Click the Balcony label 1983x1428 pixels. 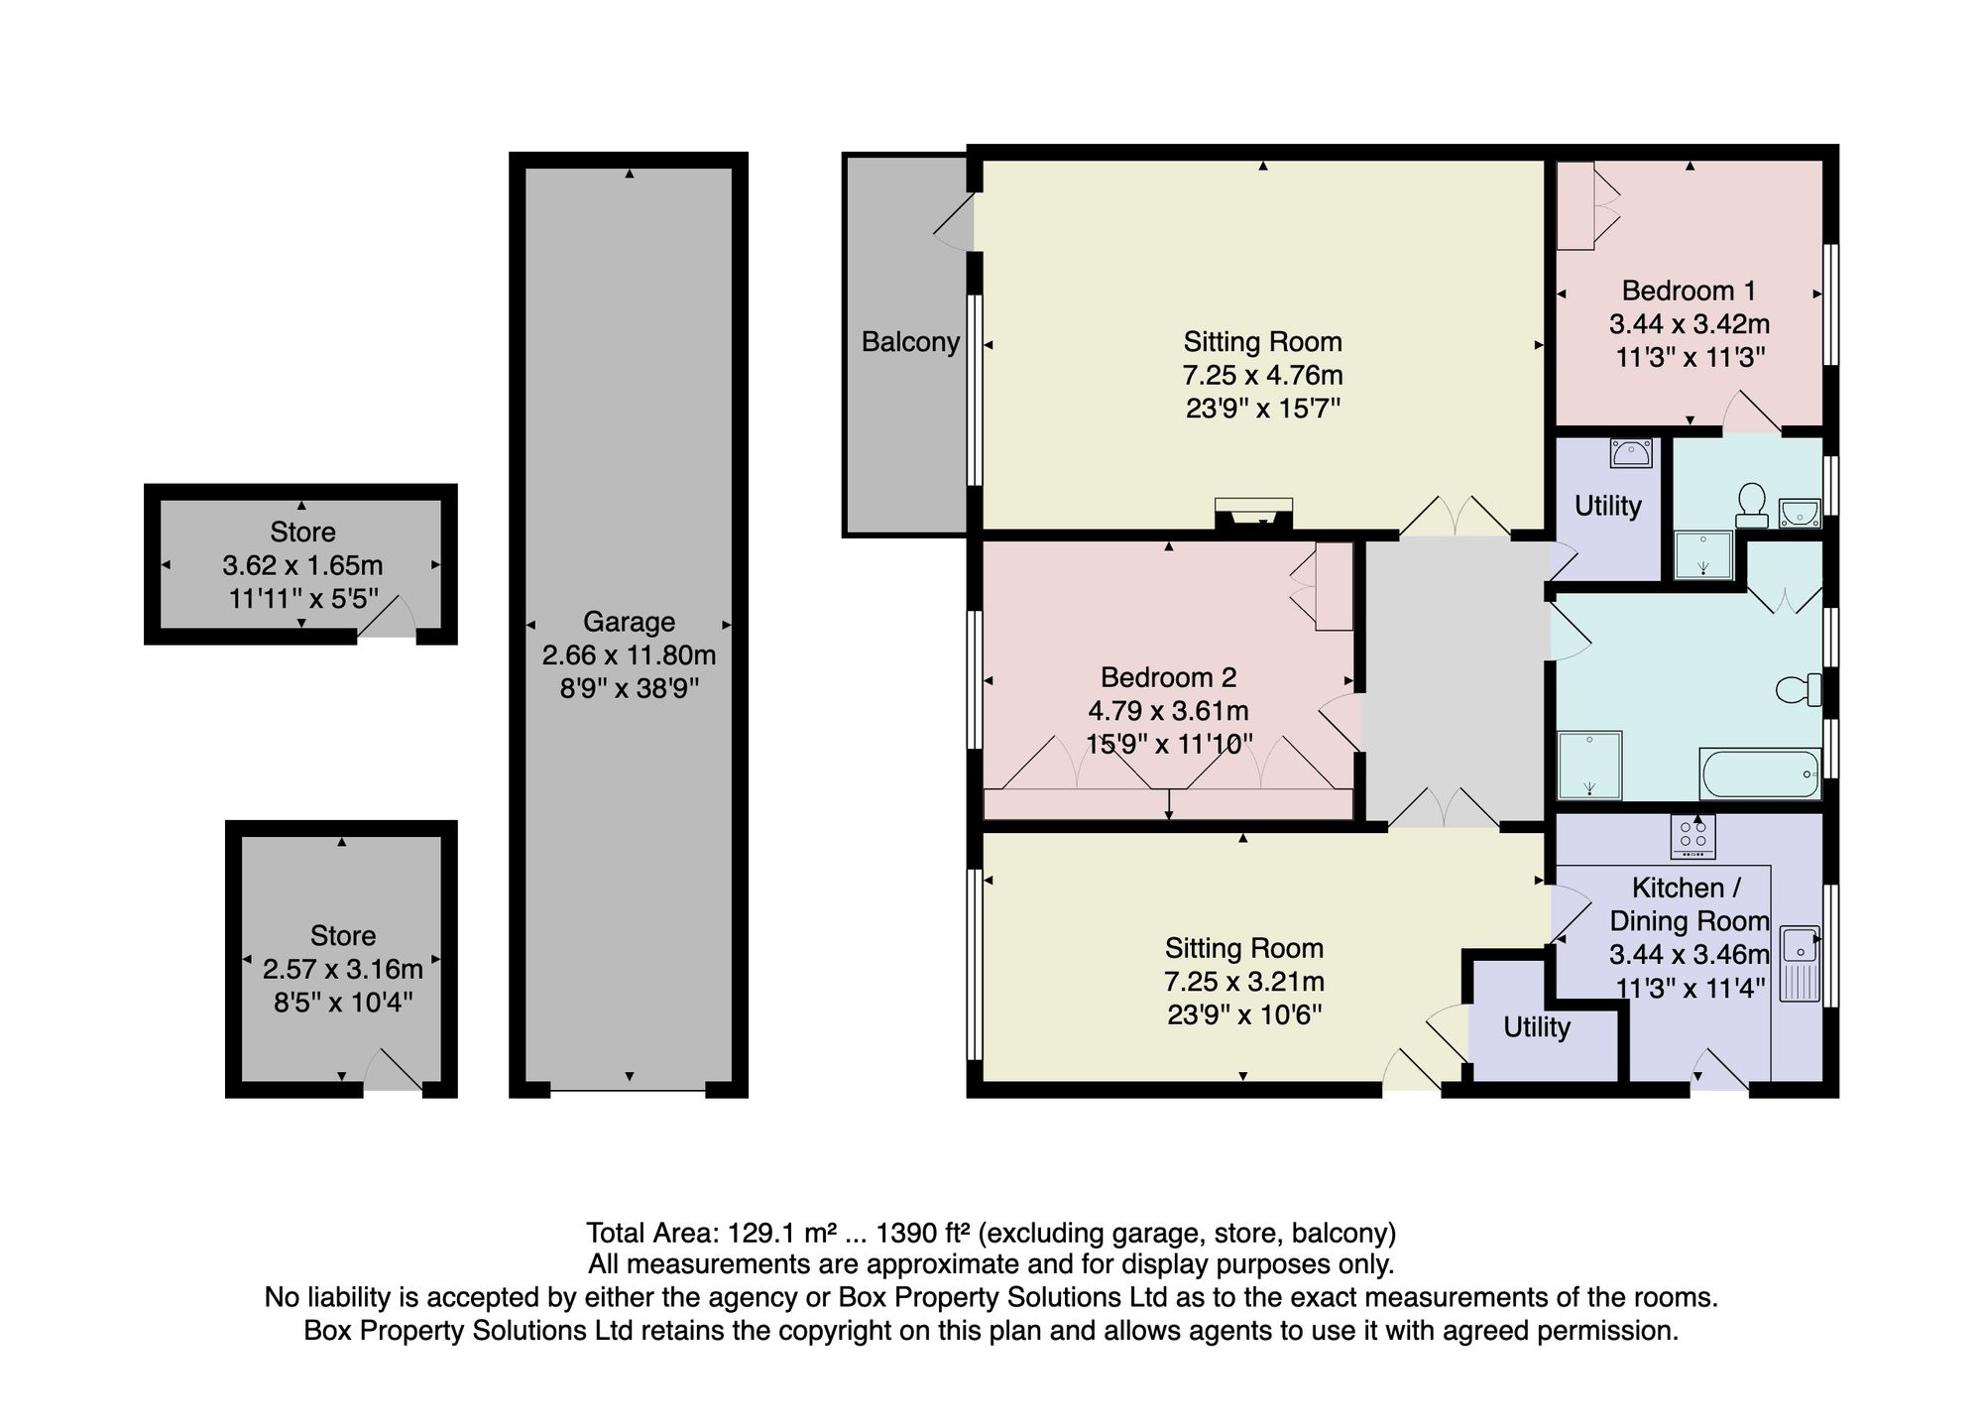(910, 342)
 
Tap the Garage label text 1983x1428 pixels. (629, 622)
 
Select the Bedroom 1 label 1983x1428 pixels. (1689, 291)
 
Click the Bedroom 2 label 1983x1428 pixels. (1168, 677)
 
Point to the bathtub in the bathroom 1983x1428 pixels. (1760, 773)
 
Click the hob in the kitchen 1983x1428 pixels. (1692, 837)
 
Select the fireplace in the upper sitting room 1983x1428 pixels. (1253, 516)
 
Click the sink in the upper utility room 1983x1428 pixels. (1631, 453)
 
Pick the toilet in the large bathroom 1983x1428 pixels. (1799, 689)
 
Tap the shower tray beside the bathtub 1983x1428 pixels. (1589, 765)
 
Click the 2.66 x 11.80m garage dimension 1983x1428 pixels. (629, 655)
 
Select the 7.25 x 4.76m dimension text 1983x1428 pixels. (1262, 376)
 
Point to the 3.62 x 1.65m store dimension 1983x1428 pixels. (302, 565)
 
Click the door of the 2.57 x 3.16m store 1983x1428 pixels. (394, 1073)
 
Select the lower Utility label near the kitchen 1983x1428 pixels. (1536, 1027)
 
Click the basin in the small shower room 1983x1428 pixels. (1800, 513)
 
